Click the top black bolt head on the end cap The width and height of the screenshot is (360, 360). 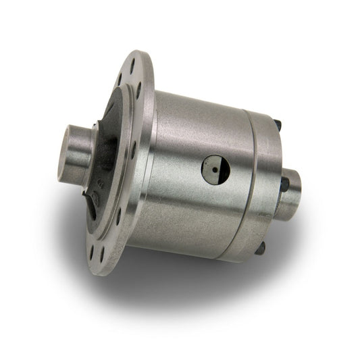point(277,125)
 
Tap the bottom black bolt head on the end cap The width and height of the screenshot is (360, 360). point(260,249)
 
